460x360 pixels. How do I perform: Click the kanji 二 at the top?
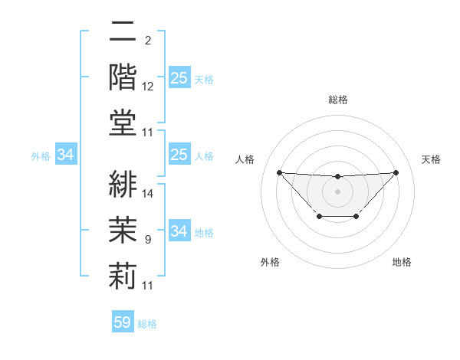[123, 33]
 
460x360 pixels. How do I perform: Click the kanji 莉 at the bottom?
[123, 275]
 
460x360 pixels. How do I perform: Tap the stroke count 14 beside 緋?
[148, 194]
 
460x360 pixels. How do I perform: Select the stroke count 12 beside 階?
[148, 87]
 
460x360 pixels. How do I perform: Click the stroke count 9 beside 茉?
[148, 240]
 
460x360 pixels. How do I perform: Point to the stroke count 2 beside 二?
[147, 41]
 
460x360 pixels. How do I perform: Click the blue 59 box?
[123, 322]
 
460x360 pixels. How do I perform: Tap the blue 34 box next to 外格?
[65, 155]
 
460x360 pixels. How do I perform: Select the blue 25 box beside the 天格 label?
[179, 78]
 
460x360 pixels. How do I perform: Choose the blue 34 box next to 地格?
[179, 231]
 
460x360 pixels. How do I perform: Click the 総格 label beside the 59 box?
[147, 324]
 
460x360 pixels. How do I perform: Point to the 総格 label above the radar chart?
[337, 100]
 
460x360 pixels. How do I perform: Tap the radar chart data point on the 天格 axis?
[396, 172]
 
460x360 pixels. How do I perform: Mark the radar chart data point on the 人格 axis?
[279, 172]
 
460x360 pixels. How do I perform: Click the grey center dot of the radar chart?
[337, 191]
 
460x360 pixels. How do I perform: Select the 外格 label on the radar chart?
[270, 262]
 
